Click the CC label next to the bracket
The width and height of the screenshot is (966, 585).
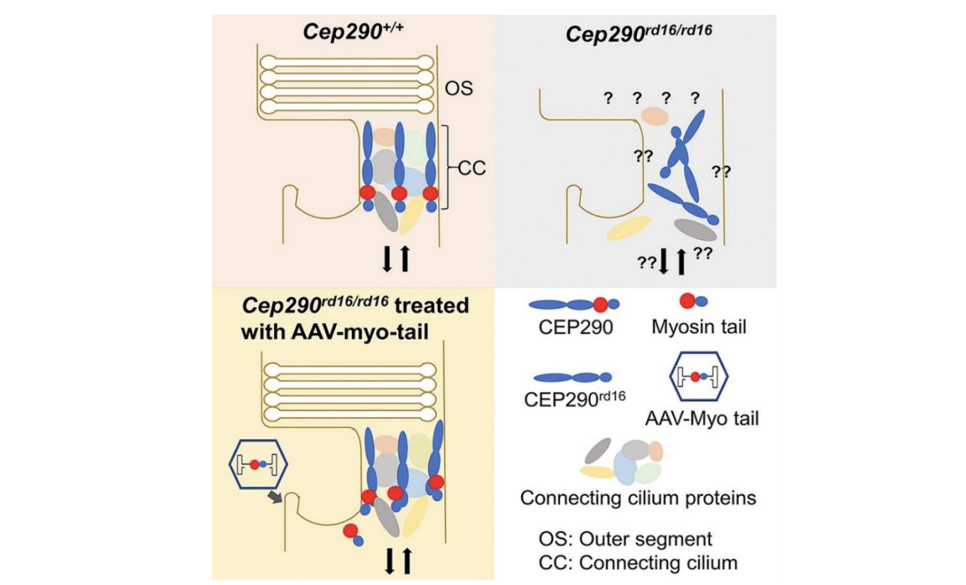pos(471,168)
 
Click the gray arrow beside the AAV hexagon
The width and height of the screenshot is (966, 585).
pos(276,497)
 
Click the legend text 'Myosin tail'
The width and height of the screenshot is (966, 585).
pos(699,327)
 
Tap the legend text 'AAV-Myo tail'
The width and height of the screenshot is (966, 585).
pos(702,417)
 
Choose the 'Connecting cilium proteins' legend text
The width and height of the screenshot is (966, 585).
pos(638,498)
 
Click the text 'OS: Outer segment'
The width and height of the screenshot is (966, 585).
pos(625,539)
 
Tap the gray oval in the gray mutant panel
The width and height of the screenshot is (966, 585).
pos(696,228)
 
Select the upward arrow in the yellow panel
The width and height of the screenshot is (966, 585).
pos(407,560)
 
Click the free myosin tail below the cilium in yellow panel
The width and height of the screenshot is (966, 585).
pos(353,534)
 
